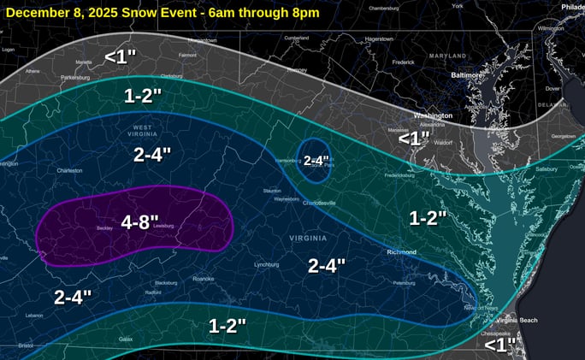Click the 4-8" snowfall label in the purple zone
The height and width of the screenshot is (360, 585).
coord(139,222)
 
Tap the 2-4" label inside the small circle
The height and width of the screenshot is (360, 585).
coord(317,160)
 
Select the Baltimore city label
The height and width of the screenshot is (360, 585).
coord(466,75)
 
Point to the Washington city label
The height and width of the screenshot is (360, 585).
coord(433,115)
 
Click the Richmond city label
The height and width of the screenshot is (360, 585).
coord(400,252)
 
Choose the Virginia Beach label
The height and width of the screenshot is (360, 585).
coord(517,320)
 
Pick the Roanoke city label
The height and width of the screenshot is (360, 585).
coord(203,279)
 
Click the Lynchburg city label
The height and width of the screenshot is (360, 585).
coord(267,264)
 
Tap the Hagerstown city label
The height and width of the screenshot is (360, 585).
coord(378,38)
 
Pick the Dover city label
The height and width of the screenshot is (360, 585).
coord(552,88)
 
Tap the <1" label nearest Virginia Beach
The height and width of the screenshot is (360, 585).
coord(500,344)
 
